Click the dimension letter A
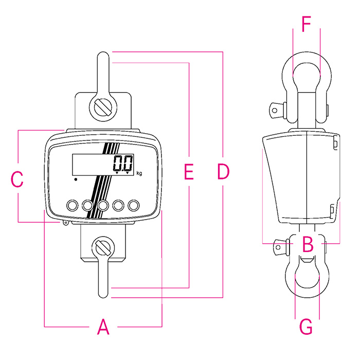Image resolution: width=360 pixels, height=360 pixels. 103,327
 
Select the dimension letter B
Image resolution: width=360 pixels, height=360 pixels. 308,244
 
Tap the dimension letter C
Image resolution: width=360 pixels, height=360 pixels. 17,179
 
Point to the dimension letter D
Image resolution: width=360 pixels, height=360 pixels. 223,172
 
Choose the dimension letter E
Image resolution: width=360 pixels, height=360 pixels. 189,172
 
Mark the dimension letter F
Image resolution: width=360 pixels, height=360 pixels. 307,24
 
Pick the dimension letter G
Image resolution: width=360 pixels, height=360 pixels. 306,326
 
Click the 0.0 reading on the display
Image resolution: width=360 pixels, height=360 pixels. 123,164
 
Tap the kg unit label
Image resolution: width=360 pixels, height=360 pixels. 139,173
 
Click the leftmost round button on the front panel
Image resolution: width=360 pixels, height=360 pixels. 71,205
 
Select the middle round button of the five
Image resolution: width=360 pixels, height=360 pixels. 103,205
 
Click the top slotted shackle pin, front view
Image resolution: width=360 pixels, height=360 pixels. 103,107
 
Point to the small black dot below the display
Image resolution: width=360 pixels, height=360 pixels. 76,179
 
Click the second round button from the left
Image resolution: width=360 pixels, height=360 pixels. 87,205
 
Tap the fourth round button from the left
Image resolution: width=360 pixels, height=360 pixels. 119,205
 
